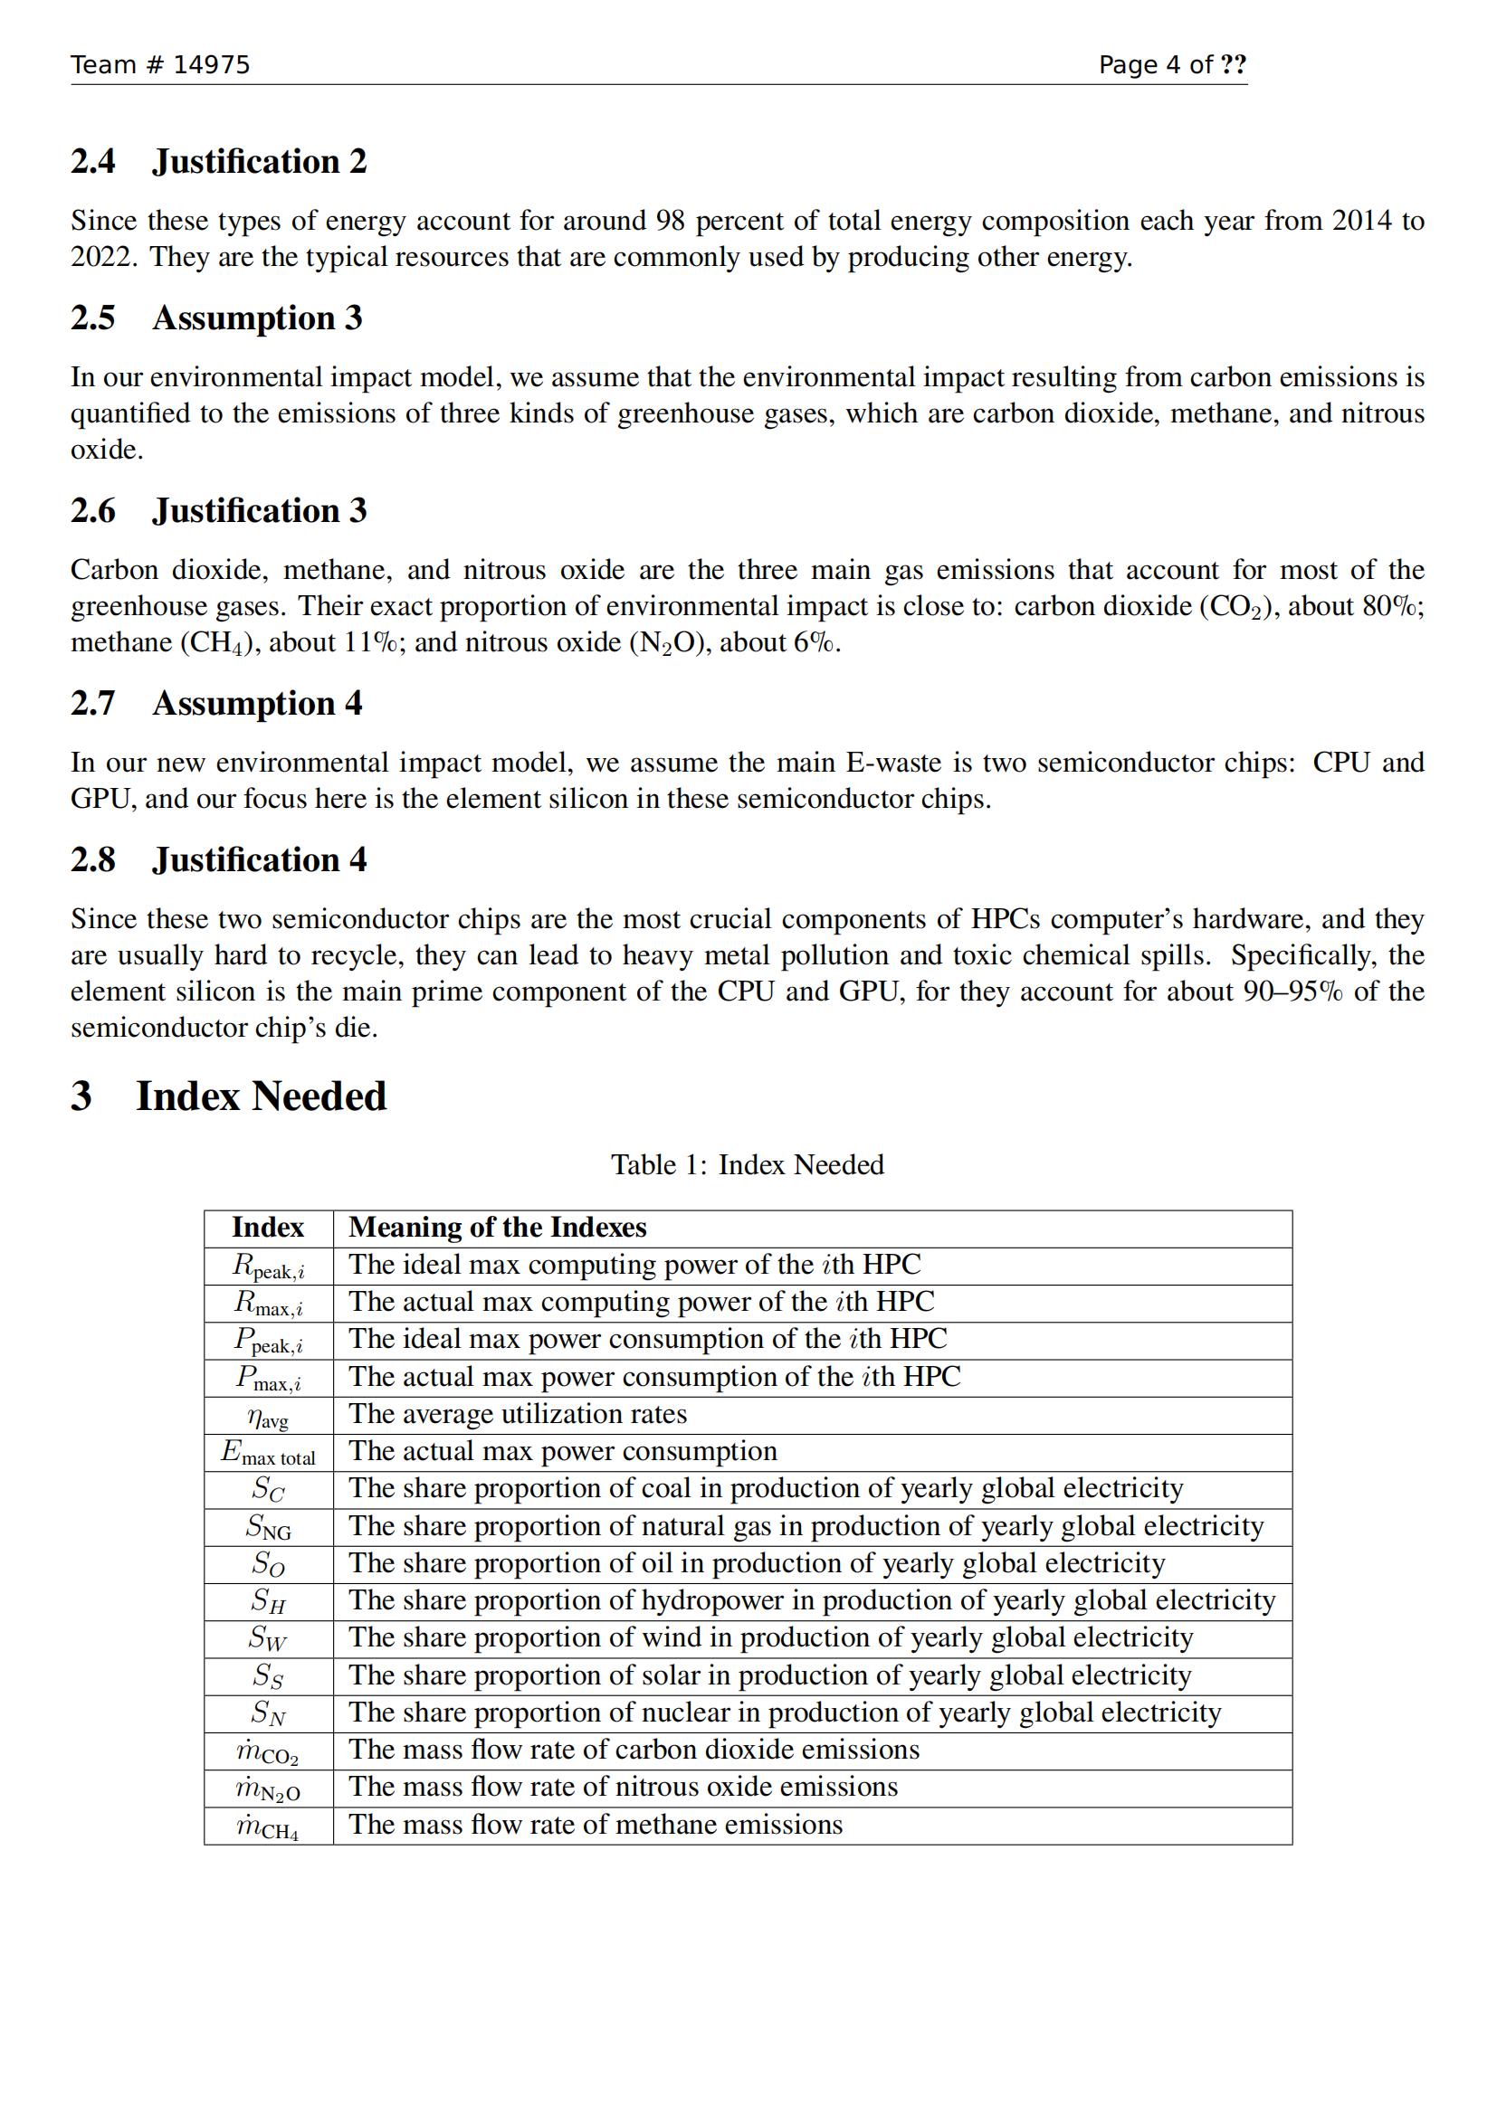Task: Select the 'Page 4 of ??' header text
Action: (x=1171, y=64)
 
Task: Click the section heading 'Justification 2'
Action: (x=259, y=161)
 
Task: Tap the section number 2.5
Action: (x=93, y=318)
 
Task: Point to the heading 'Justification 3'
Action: (x=259, y=510)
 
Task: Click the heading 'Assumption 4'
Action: (x=257, y=703)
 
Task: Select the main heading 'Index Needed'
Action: (x=261, y=1096)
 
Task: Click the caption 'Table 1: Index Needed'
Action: (x=748, y=1165)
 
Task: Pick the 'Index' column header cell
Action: (x=267, y=1228)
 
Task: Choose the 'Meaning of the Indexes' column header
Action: (x=498, y=1228)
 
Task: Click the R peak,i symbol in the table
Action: (x=267, y=1267)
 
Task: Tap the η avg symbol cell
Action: (x=267, y=1416)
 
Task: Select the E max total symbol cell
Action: (x=267, y=1454)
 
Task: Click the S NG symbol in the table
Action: (x=267, y=1528)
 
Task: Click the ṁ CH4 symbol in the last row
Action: (x=267, y=1827)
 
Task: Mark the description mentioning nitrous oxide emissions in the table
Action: (x=623, y=1787)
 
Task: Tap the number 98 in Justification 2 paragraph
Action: (x=670, y=221)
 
